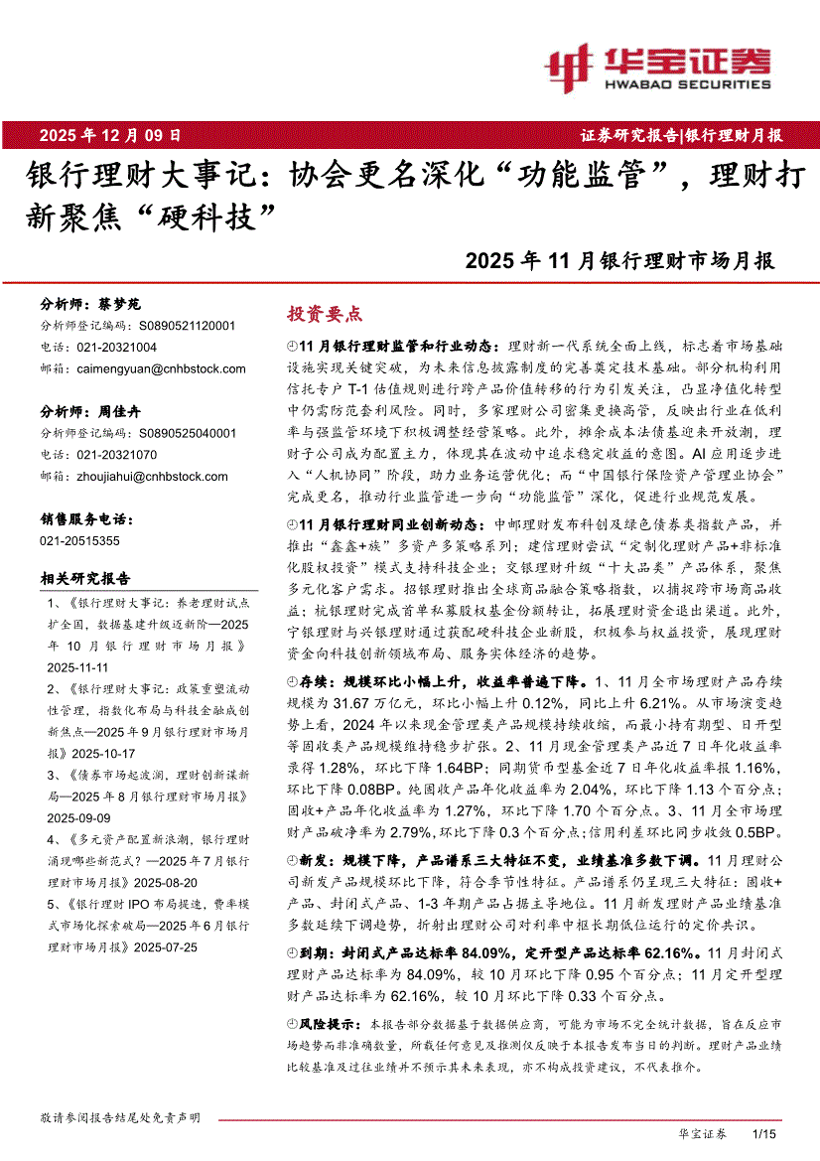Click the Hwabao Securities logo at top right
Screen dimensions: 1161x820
coord(657,68)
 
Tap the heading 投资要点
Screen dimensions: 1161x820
coord(325,314)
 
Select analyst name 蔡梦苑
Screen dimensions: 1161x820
coord(119,305)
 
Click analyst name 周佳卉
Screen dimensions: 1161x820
coord(119,411)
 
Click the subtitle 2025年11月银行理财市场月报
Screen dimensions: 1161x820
coord(619,262)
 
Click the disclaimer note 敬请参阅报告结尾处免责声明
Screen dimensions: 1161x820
coord(120,1117)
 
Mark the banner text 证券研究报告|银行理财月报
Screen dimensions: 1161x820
coord(681,135)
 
